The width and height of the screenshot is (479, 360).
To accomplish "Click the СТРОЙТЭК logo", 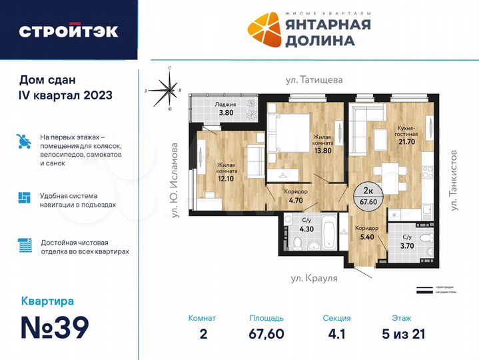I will [69, 31].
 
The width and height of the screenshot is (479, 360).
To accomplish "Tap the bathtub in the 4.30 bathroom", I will [328, 232].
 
